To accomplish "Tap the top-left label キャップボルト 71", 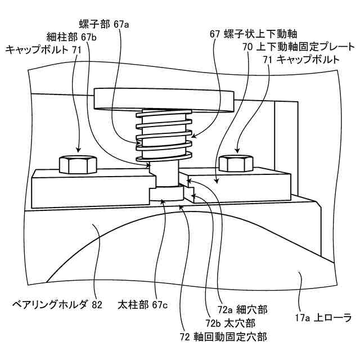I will click(44, 50).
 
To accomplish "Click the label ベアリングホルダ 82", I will click(57, 305).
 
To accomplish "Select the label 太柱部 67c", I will click(143, 305).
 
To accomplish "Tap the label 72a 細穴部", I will click(243, 309).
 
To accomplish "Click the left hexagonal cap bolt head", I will click(72, 163).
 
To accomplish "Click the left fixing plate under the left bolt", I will click(90, 187).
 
